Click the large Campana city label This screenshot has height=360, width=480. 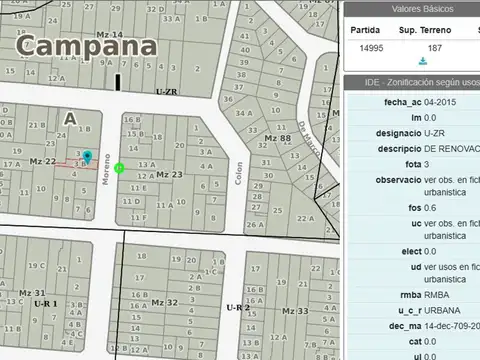(87, 47)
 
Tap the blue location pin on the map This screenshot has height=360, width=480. (87, 157)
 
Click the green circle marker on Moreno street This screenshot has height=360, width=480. (120, 168)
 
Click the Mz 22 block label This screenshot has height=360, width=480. (42, 161)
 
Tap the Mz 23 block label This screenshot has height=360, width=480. (169, 174)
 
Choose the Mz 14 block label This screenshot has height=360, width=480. (109, 35)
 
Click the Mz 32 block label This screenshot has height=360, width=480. (165, 302)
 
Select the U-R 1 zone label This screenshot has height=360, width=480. (46, 302)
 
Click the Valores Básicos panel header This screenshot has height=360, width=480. (411, 9)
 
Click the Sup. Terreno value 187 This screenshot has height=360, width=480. (435, 47)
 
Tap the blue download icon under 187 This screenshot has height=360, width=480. (435, 61)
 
